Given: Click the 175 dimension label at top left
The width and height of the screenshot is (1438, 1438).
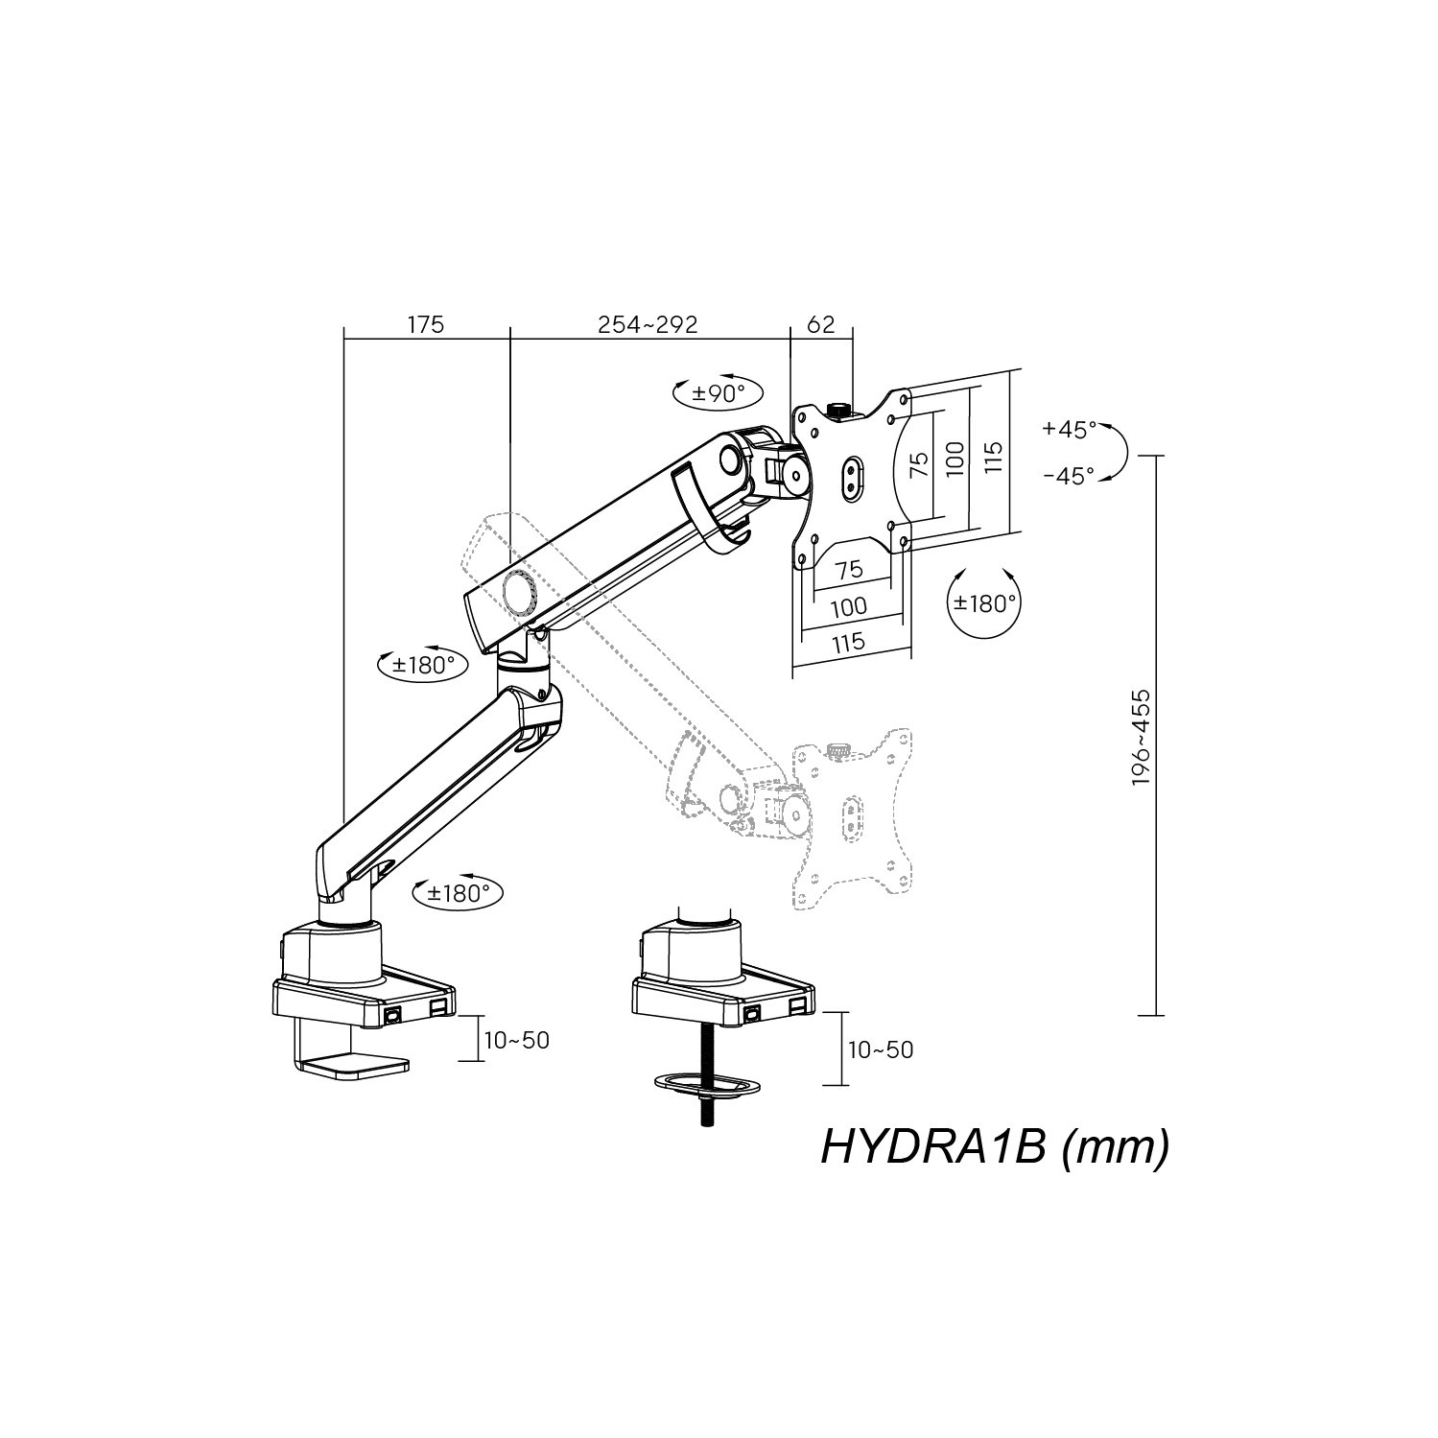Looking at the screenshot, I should tap(426, 324).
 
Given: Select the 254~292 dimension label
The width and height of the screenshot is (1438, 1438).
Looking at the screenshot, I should tap(648, 324).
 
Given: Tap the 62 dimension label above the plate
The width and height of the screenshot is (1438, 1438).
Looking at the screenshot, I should tap(820, 324).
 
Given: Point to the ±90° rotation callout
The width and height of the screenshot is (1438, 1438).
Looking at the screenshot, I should tap(719, 392).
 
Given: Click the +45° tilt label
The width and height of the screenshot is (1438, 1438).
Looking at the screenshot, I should tap(1069, 429).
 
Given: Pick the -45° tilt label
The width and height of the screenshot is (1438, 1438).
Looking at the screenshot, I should tap(1069, 476).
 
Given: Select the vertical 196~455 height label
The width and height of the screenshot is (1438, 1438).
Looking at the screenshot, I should tap(1141, 737).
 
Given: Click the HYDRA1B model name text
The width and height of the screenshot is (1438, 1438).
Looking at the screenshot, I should tap(994, 1146).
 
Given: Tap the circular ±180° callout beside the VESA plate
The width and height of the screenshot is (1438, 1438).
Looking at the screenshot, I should tap(983, 603).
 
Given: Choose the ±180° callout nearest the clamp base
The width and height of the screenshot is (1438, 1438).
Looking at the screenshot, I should tap(459, 893).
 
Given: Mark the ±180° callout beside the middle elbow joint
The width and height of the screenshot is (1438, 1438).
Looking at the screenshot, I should tap(423, 664).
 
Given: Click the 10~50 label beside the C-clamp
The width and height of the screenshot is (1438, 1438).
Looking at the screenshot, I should tap(517, 1040).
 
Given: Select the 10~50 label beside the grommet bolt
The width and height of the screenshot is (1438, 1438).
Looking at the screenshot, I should tap(881, 1049).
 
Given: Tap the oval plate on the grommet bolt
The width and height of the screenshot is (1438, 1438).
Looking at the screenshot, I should tap(707, 1085).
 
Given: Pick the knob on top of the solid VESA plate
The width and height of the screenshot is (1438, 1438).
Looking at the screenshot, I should tap(838, 410).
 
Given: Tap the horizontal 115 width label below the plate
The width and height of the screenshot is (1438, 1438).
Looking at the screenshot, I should tap(849, 642).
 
